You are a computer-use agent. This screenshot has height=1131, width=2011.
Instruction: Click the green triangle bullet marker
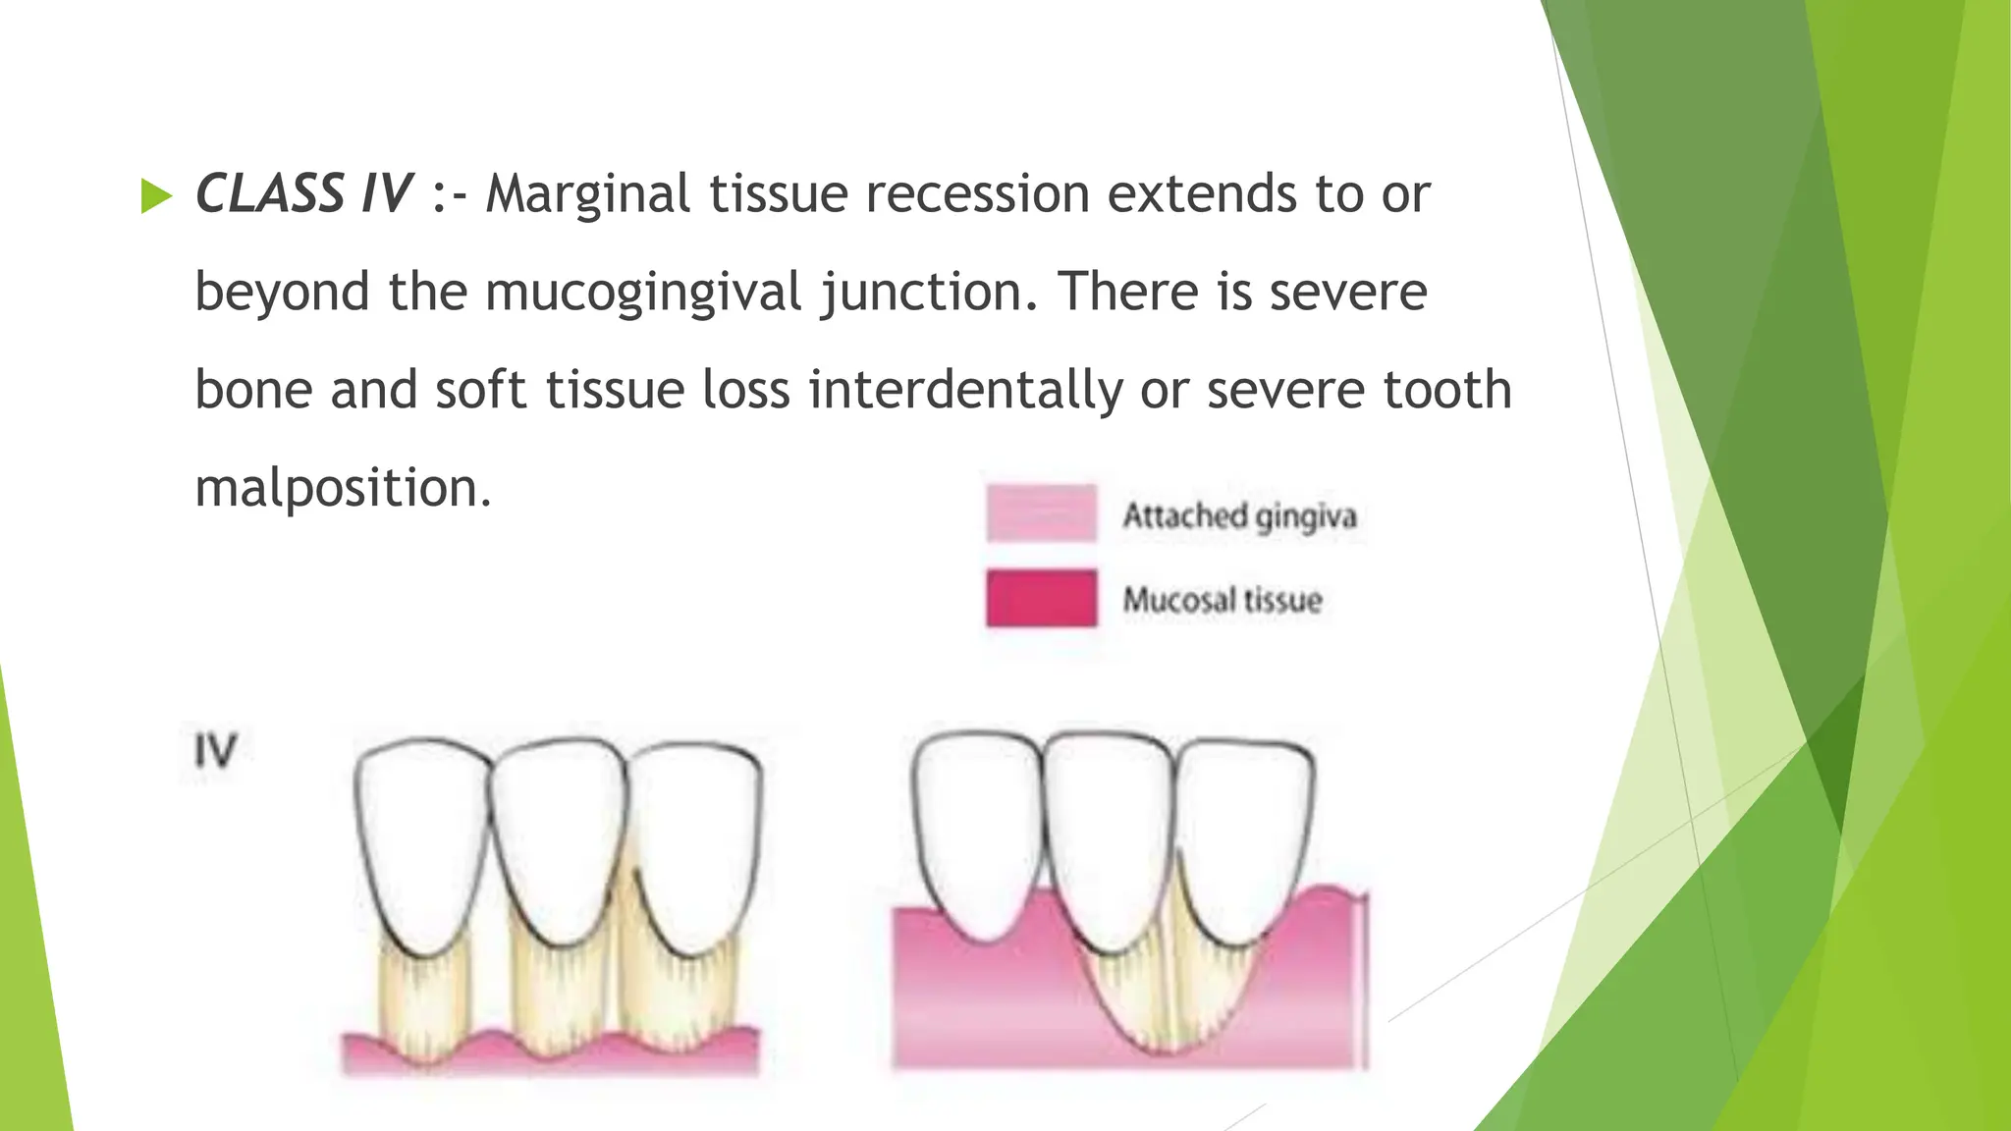coord(156,196)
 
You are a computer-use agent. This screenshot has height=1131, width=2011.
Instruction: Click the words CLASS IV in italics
coord(303,193)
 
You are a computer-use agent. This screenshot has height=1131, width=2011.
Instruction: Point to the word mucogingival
coord(643,293)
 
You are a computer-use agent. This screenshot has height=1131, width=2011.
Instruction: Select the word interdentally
coord(965,390)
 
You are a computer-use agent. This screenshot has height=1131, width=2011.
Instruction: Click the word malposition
coord(342,488)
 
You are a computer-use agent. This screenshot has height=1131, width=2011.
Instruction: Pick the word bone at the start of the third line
coord(253,390)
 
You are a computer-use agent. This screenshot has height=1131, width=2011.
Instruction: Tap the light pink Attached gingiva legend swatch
coord(1041,512)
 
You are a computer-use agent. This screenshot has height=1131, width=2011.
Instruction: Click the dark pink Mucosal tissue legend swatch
coord(1041,597)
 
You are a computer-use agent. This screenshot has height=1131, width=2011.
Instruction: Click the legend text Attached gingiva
coord(1239,515)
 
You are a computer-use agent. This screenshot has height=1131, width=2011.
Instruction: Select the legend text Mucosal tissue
coord(1223,600)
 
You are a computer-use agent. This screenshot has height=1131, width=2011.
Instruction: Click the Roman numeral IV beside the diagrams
coord(215,751)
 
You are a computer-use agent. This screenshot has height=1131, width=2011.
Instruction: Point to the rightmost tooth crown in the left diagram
coord(695,839)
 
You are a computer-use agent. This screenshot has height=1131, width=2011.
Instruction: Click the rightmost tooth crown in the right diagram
coord(1245,835)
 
